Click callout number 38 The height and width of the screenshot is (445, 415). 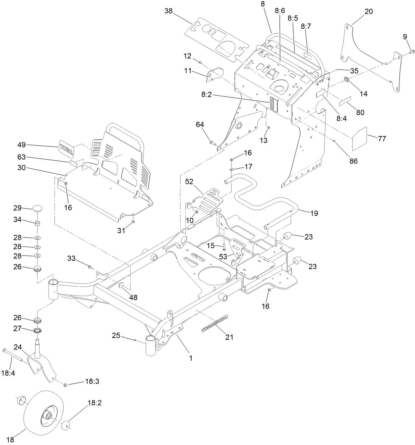[x=169, y=11]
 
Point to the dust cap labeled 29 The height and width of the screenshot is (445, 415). [x=38, y=209]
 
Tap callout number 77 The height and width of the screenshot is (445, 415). [x=382, y=139]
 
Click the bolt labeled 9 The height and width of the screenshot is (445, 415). [x=412, y=51]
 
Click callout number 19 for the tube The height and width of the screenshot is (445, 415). [x=314, y=213]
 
